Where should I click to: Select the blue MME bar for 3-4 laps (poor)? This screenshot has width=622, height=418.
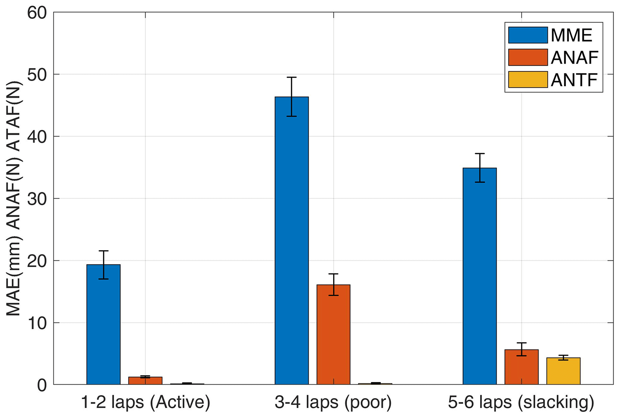(x=292, y=241)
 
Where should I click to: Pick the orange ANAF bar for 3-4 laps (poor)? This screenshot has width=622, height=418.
(x=333, y=335)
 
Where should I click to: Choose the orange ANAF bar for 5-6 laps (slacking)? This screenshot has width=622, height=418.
(x=521, y=367)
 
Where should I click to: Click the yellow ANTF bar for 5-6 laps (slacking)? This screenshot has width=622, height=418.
(x=563, y=371)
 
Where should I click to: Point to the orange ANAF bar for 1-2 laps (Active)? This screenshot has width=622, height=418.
(x=145, y=381)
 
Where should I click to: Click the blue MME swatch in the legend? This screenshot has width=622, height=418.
(x=528, y=35)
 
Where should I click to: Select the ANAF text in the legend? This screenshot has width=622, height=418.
(x=574, y=58)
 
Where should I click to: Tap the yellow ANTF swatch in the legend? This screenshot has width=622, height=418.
(x=528, y=80)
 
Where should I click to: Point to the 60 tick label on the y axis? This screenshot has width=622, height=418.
(x=37, y=13)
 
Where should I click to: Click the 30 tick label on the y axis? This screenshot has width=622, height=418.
(x=37, y=199)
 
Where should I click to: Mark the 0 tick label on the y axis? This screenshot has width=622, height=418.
(x=42, y=385)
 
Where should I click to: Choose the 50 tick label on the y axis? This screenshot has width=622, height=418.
(x=37, y=75)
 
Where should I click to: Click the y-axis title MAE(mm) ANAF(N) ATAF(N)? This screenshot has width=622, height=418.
(x=14, y=199)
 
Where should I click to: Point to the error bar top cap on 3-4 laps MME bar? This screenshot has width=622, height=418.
(x=292, y=77)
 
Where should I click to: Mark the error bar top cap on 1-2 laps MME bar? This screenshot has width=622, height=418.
(x=103, y=251)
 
